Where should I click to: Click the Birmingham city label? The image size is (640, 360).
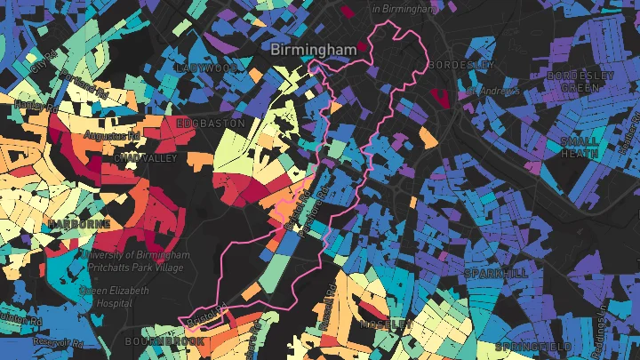click(x=314, y=50)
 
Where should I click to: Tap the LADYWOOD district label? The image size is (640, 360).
click(x=207, y=68)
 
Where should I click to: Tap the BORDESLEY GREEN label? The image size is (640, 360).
click(x=580, y=82)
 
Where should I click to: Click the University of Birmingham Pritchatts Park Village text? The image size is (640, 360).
click(x=134, y=261)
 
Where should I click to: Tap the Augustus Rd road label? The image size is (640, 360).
click(x=112, y=136)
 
